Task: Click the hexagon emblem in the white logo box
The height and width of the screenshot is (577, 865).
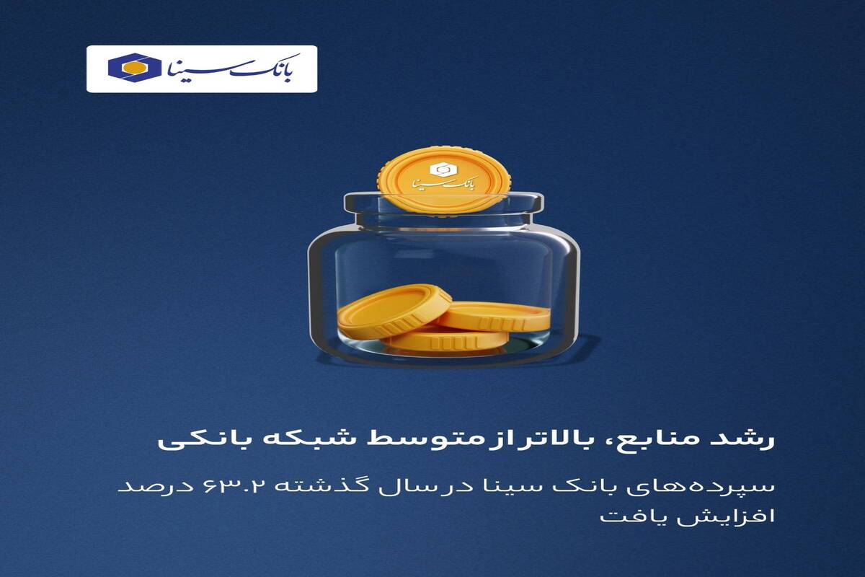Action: point(135,68)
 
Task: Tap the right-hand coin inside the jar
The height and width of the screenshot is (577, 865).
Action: point(494,316)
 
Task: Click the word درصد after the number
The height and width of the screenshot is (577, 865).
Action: point(156,487)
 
